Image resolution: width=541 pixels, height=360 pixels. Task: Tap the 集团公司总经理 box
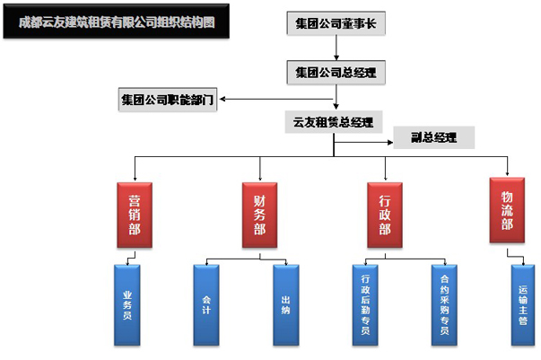[336, 72]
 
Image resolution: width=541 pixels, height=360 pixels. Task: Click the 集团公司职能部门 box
[168, 99]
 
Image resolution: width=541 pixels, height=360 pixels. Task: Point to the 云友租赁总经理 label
[333, 120]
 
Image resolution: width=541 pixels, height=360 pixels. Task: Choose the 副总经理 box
[433, 138]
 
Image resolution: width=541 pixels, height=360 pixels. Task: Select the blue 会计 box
[206, 304]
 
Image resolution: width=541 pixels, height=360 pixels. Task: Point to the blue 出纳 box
[285, 304]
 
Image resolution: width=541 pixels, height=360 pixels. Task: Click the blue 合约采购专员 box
[444, 304]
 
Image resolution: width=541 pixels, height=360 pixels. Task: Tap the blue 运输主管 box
[523, 304]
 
